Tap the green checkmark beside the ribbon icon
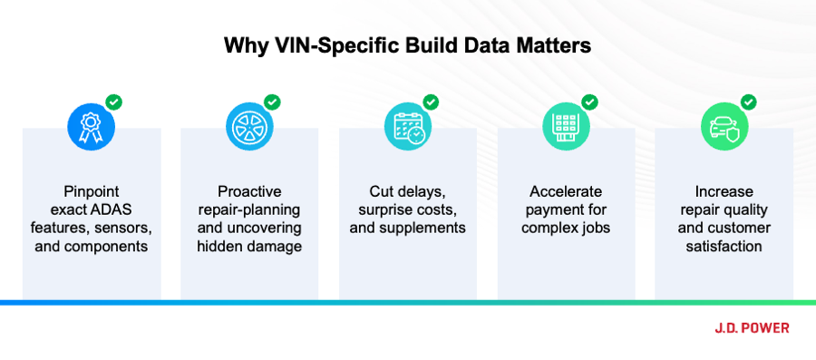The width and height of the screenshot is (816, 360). point(113,102)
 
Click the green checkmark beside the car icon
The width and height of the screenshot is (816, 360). point(748,102)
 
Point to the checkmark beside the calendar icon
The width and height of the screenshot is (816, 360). point(431,102)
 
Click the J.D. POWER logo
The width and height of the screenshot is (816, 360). point(752,327)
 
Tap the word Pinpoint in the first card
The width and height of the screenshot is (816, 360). point(91,192)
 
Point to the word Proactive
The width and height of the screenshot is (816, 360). point(249,192)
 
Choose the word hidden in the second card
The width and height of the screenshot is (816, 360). point(218,246)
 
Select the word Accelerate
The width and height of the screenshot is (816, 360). point(566,192)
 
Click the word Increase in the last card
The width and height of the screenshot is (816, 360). point(724,192)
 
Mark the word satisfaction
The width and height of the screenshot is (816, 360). point(724,246)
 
